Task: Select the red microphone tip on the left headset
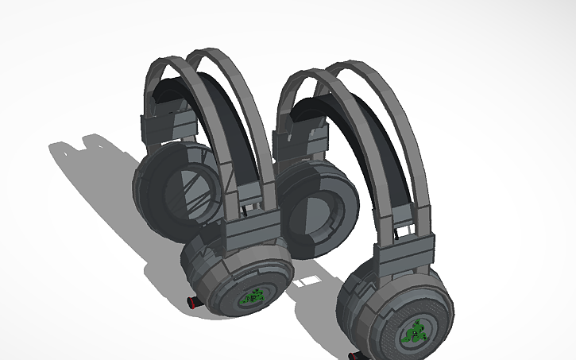tap(191, 302)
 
